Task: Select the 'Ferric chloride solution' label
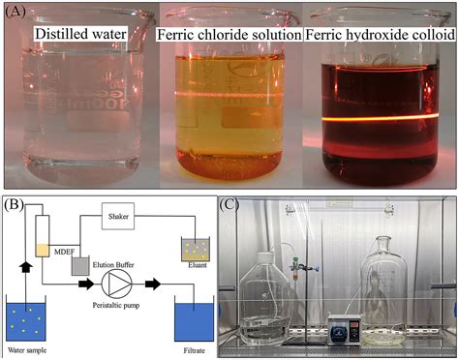[x=229, y=37]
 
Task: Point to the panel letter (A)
[x=16, y=13]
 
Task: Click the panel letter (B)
[x=15, y=205]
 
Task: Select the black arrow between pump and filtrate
[x=152, y=285]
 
